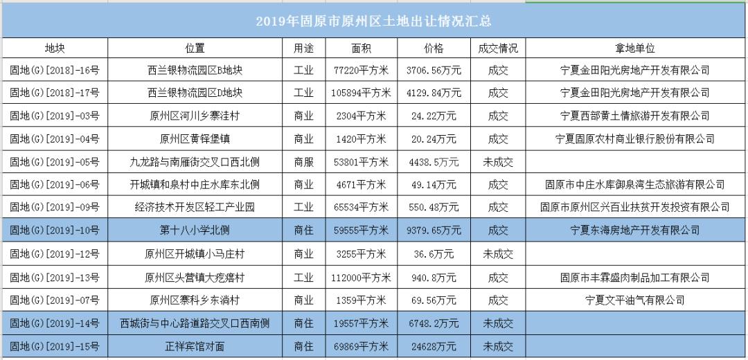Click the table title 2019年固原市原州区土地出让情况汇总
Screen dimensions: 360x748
point(374,21)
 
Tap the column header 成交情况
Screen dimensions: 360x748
point(497,48)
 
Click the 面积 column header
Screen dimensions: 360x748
point(362,48)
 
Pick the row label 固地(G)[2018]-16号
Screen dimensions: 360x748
point(55,71)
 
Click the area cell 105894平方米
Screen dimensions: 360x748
point(362,93)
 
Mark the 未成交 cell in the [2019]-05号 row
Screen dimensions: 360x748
point(497,162)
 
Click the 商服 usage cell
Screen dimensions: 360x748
point(303,162)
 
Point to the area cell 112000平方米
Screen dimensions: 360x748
point(362,278)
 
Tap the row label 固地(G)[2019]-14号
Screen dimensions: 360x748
point(55,323)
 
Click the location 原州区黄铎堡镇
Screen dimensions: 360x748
point(195,138)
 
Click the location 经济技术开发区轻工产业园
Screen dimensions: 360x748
point(195,207)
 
